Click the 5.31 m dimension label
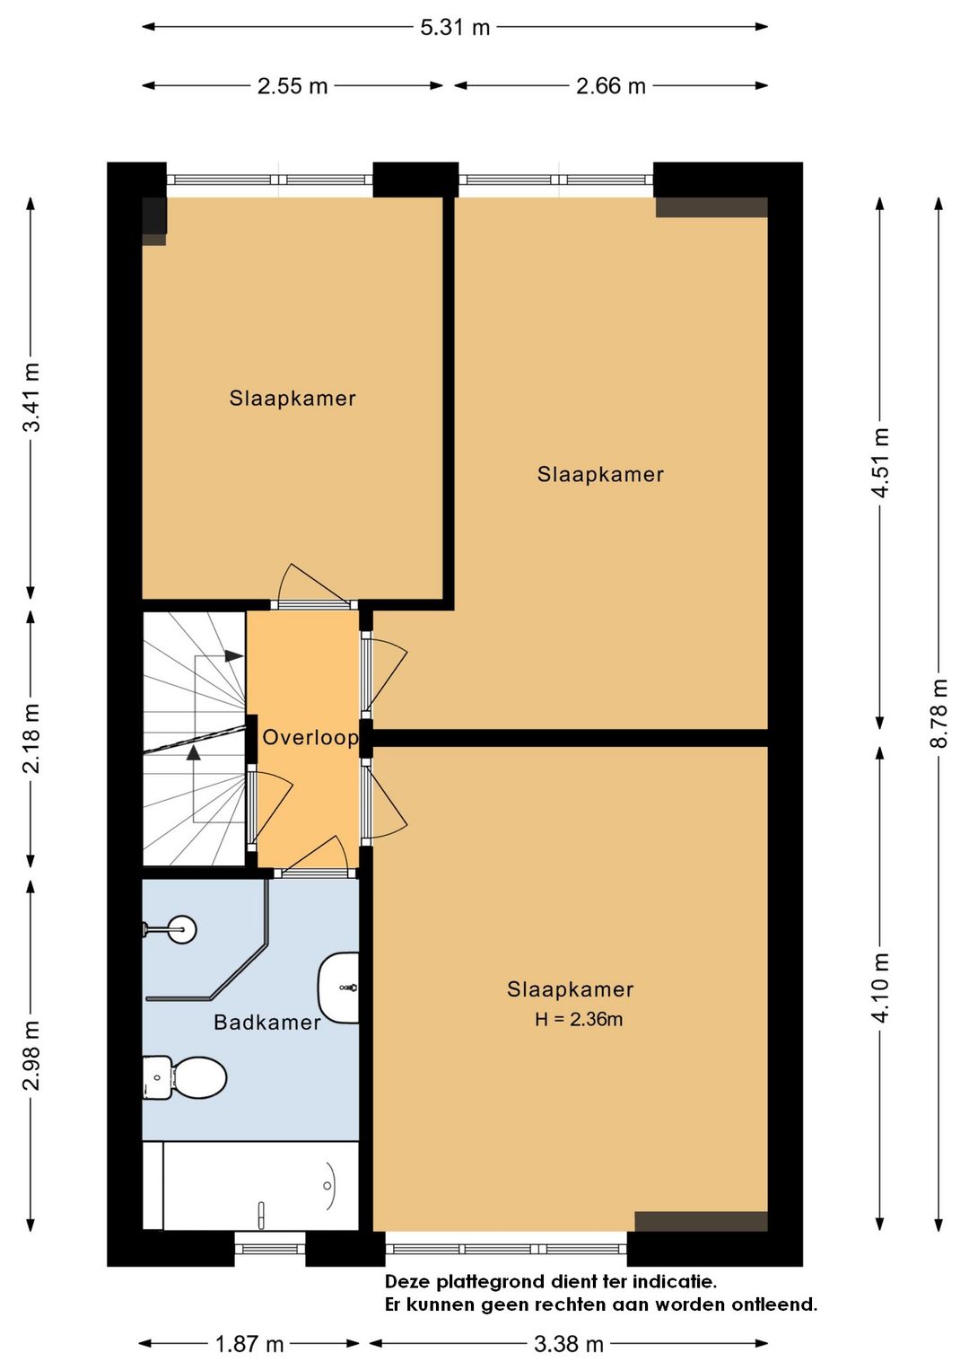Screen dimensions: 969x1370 tap(455, 28)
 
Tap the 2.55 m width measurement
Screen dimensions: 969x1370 tap(292, 86)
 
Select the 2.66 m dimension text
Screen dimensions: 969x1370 tap(611, 86)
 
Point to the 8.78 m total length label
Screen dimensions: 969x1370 tap(938, 713)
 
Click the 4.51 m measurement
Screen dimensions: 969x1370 tap(880, 463)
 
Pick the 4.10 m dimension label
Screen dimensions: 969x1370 tap(880, 988)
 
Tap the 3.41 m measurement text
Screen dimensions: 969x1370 tap(31, 398)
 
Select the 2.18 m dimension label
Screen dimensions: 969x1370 tap(31, 738)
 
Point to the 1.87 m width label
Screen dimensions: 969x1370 tap(249, 1344)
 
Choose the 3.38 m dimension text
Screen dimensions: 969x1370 tap(569, 1344)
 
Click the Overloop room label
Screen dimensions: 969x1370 tap(310, 738)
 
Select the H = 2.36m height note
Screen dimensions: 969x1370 tap(579, 1020)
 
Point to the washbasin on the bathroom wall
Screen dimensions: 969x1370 tap(338, 988)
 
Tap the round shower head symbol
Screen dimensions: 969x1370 tap(181, 930)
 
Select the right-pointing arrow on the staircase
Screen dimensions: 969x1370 tap(233, 656)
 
